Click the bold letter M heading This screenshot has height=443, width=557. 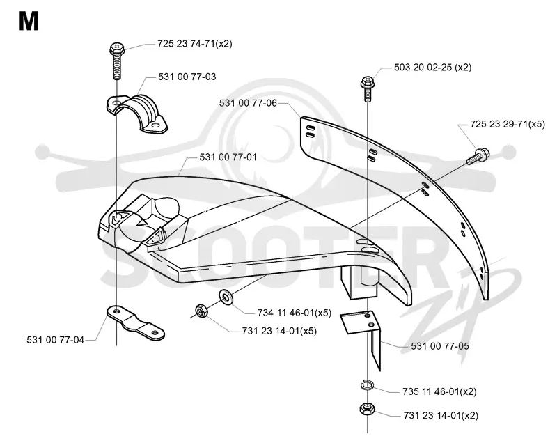tap(29, 22)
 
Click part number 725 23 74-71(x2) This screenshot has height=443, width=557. tap(195, 44)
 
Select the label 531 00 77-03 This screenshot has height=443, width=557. tap(187, 77)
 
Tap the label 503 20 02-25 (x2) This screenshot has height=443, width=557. tap(432, 67)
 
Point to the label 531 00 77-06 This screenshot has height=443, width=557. tap(248, 103)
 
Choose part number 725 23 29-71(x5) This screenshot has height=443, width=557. tap(508, 124)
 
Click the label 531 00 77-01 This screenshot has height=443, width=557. tap(228, 157)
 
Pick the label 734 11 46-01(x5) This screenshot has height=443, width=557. tap(295, 313)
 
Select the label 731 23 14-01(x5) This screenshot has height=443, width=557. tap(279, 331)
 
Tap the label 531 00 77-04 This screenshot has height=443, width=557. tap(56, 340)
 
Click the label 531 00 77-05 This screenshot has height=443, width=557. tap(440, 346)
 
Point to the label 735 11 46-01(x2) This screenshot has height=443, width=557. tap(439, 391)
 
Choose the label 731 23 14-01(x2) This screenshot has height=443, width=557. tap(441, 415)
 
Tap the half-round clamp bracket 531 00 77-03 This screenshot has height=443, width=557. tap(137, 114)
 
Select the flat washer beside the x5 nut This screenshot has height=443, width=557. tap(225, 297)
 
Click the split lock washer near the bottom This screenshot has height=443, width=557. tap(367, 385)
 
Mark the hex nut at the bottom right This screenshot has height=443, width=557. tap(366, 410)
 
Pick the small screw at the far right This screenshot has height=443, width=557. tap(478, 157)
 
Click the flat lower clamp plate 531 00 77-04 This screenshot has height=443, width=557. tap(135, 322)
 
